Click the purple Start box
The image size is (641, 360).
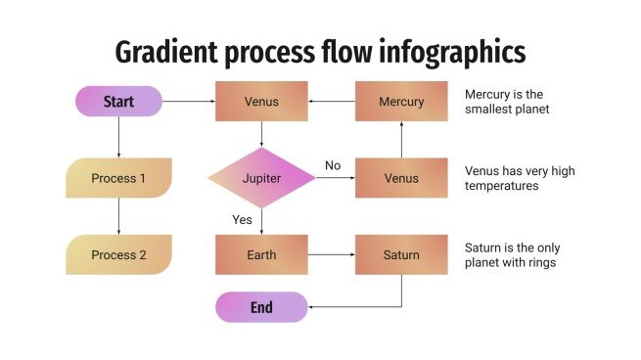118,101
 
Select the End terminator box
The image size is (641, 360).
261,307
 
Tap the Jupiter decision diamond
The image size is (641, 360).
261,178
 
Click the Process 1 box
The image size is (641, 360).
118,178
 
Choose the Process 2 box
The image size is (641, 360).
118,254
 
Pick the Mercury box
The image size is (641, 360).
401,101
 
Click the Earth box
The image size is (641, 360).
261,254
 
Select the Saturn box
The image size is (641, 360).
401,254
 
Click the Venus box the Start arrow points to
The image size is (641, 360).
261,101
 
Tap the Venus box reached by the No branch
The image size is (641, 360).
401,178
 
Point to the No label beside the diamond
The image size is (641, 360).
333,165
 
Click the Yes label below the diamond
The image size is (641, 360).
242,219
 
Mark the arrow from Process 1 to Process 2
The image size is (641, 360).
118,216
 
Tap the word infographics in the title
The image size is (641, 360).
459,51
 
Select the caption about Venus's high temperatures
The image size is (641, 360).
519,178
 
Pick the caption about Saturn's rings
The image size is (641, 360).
512,254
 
